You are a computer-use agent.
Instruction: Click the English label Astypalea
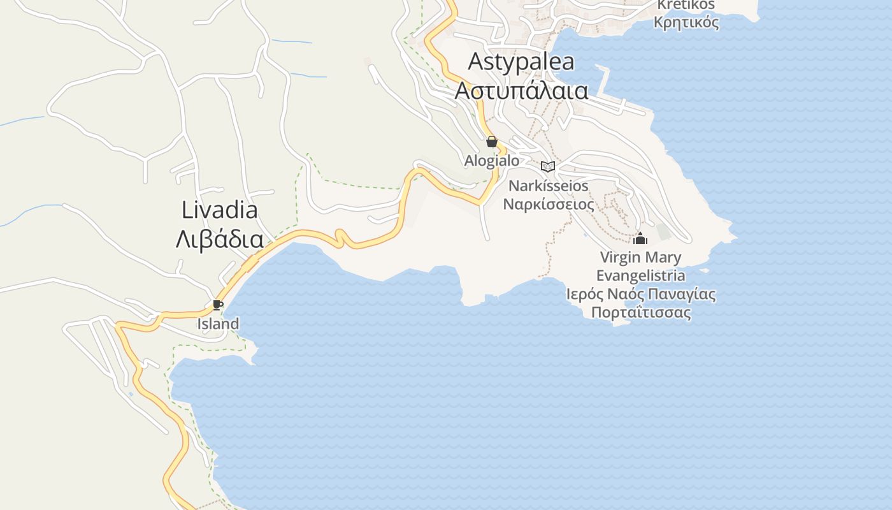(521, 62)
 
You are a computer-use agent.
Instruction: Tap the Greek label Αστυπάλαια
(521, 91)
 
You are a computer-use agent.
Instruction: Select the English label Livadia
(219, 210)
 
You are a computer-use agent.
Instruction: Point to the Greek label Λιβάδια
(219, 239)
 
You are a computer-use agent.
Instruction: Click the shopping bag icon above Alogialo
(491, 142)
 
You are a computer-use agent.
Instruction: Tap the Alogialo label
(491, 161)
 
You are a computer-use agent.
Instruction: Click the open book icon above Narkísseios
(547, 167)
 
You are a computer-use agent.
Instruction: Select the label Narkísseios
(548, 186)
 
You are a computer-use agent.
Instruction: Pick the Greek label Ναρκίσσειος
(548, 205)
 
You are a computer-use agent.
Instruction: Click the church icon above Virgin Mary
(640, 239)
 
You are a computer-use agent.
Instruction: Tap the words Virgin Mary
(640, 258)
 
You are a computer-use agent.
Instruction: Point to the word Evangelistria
(640, 275)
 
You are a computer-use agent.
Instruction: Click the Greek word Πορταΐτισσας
(640, 313)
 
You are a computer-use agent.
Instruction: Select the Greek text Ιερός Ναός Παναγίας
(640, 295)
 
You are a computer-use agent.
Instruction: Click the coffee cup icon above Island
(217, 305)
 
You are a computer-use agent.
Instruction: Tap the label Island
(217, 324)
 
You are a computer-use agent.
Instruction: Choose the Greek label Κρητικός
(686, 23)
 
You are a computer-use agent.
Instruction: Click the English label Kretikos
(686, 5)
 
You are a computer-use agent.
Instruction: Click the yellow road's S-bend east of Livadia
(341, 238)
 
